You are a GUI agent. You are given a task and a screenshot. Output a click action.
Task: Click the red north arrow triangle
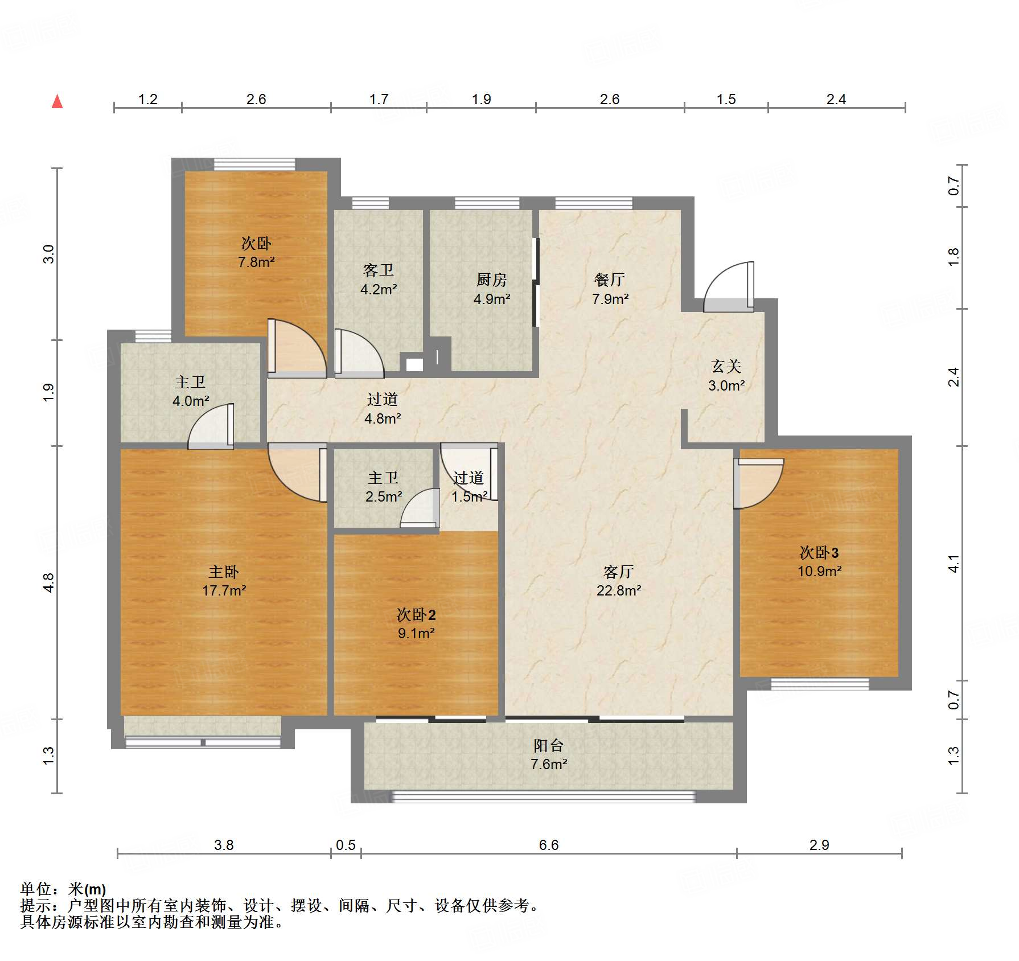pos(57,102)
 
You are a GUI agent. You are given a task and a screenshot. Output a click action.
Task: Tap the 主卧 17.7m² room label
pos(224,581)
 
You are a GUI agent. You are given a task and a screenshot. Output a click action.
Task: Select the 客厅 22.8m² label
pos(619,581)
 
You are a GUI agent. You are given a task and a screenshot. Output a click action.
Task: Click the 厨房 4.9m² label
pos(492,289)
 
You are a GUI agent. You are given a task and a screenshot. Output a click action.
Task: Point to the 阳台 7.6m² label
pos(549,754)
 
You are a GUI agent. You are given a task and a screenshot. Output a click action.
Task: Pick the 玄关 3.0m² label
pos(726,376)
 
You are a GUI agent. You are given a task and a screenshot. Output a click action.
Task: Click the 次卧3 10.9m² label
pos(819,562)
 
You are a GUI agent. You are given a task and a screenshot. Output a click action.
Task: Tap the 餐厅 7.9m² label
pos(610,289)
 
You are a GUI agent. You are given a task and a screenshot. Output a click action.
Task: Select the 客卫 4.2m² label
pos(379,280)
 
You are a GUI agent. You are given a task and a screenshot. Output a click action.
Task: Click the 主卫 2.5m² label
pos(383,487)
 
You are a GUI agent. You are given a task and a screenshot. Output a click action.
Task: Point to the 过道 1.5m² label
pos(469,487)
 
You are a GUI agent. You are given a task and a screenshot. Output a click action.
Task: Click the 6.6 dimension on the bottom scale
pos(549,845)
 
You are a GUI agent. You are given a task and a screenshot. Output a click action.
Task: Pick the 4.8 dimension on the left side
pos(48,582)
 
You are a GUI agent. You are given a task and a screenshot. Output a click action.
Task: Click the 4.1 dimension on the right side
pos(954,564)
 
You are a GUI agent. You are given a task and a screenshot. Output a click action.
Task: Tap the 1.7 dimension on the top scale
pos(379,99)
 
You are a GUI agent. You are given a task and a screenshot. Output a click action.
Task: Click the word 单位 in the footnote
pos(36,889)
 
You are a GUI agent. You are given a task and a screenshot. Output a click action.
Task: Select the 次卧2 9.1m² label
pos(416,623)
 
